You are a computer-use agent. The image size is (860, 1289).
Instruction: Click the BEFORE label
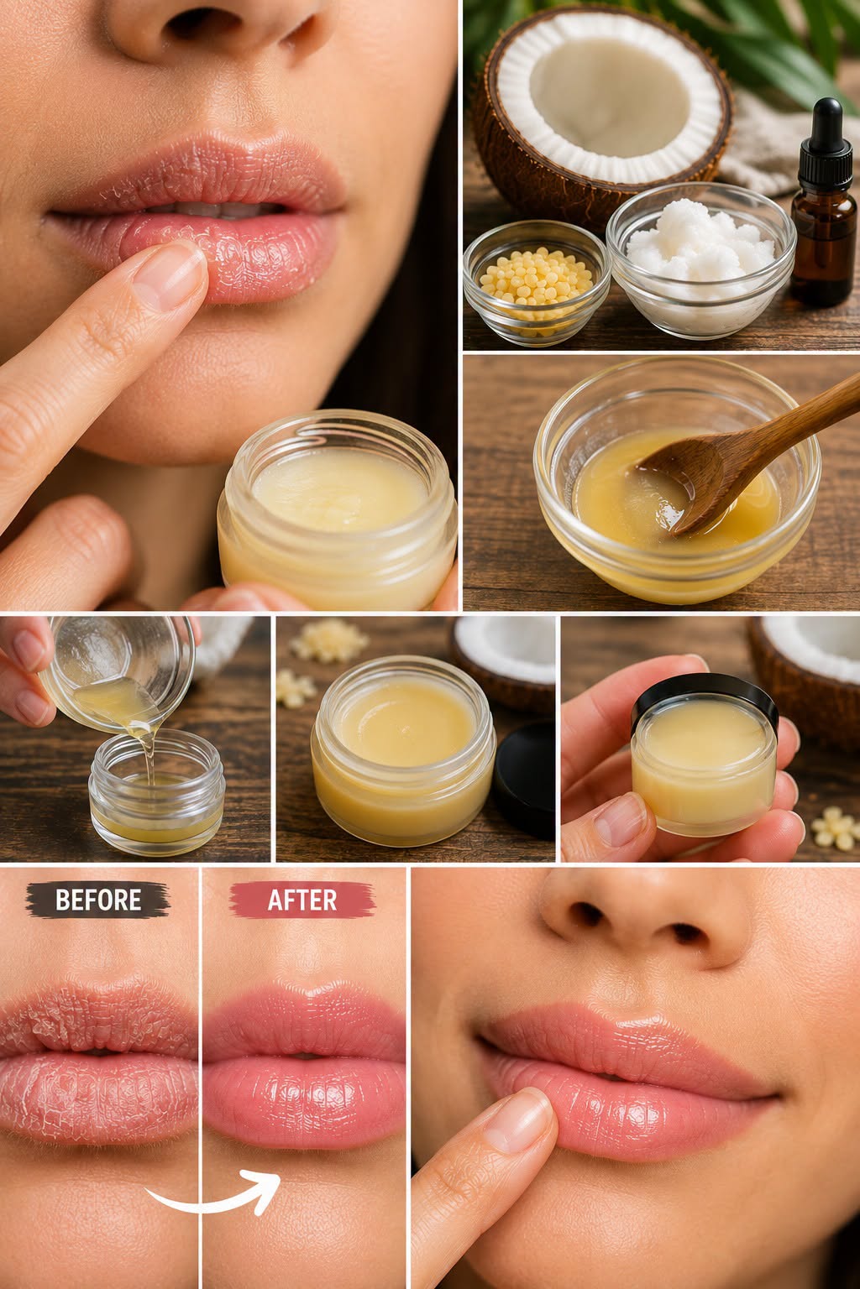tap(98, 900)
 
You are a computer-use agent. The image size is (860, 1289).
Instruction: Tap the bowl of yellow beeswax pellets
tap(537, 281)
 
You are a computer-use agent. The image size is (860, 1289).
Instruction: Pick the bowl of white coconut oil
tap(700, 259)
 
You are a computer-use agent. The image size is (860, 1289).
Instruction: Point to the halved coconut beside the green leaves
tap(602, 108)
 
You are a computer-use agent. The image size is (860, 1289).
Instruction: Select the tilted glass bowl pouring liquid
tap(115, 667)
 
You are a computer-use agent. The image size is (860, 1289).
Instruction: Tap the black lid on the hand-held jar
tap(705, 697)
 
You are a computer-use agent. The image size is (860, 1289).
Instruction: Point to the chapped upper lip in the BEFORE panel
tap(98, 1020)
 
